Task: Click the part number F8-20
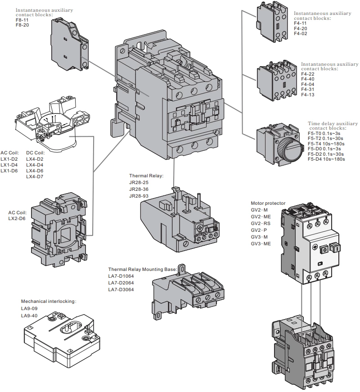(22, 25)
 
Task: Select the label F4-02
(300, 34)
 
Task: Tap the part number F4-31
(307, 89)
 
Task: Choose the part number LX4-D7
(35, 176)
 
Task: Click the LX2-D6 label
(17, 218)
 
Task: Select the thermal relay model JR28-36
(139, 189)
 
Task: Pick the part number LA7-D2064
(121, 283)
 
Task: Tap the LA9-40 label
(29, 315)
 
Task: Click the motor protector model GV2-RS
(261, 223)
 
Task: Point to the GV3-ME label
(261, 243)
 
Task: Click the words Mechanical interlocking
(49, 301)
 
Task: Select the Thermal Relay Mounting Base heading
(142, 269)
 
